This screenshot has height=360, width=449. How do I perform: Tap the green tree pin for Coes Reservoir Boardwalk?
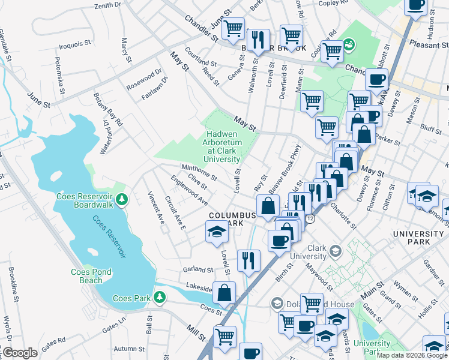122,199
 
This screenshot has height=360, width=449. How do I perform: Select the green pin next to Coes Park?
159,297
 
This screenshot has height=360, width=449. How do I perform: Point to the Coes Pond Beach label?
91,276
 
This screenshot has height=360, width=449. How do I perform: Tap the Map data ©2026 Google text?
411,355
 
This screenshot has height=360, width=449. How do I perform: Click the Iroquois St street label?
73,43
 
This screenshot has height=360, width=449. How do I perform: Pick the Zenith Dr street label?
107,5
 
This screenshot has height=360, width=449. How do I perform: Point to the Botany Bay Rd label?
108,109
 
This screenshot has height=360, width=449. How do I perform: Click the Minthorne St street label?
199,171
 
